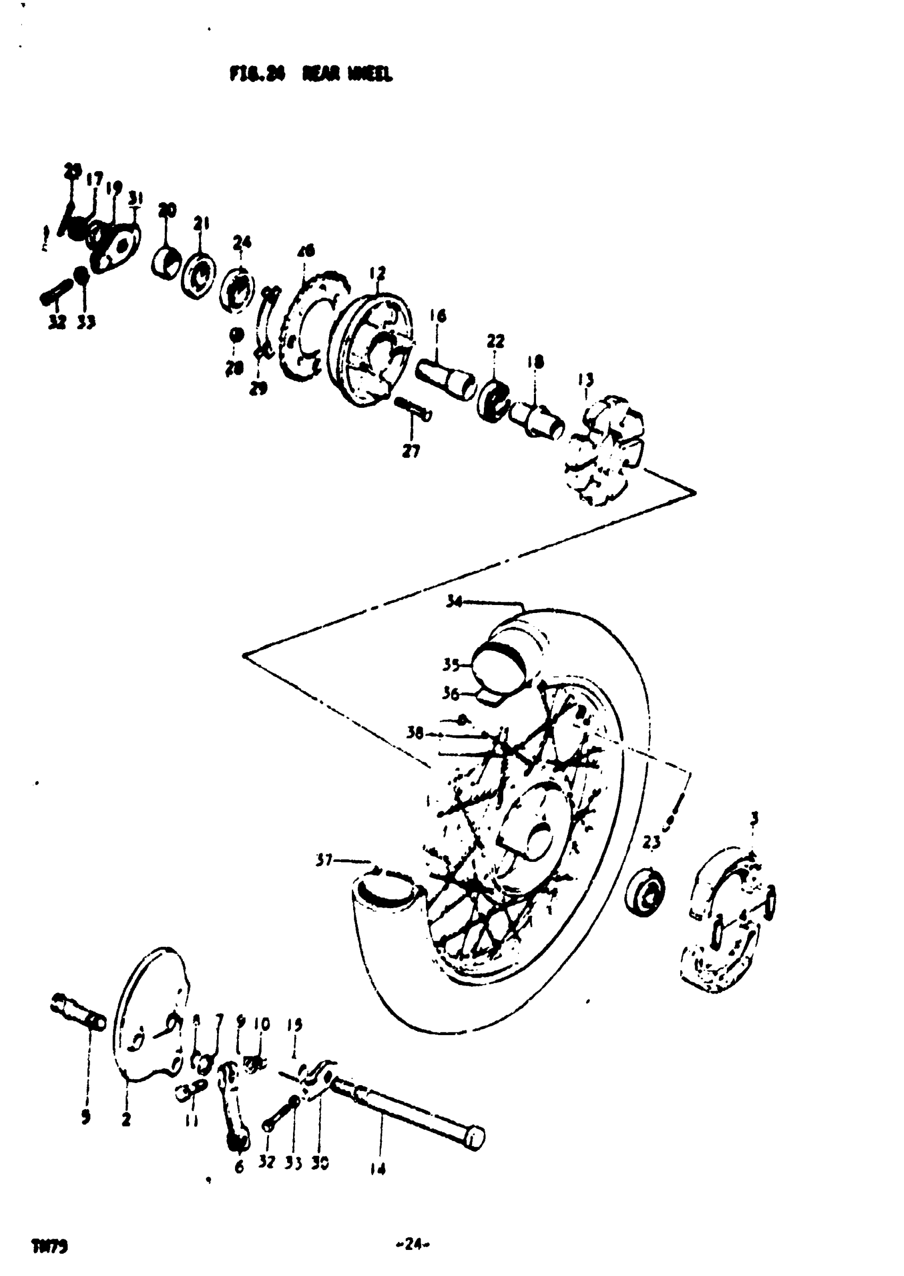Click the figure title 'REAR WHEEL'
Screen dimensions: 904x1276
click(347, 74)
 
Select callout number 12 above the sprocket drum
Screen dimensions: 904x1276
click(377, 274)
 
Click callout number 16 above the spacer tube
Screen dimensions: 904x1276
click(438, 317)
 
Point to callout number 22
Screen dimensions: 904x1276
click(495, 341)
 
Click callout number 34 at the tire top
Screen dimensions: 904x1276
click(455, 601)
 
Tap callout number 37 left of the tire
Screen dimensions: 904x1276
click(323, 860)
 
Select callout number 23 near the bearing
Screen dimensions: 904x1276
click(651, 843)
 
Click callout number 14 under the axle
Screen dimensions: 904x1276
click(378, 1170)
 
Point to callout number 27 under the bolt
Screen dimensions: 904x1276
click(411, 451)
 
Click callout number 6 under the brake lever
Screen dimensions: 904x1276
click(239, 1167)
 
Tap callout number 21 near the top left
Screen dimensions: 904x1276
click(201, 224)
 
